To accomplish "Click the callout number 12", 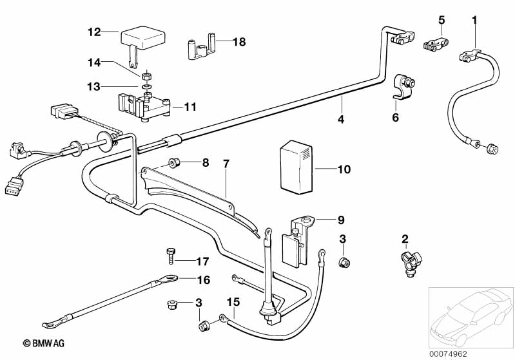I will coord(94,31).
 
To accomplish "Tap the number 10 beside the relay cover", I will coord(344,170).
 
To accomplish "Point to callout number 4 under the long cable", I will coord(342,119).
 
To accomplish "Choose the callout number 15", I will coord(233,301).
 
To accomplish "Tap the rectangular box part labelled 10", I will coord(295,166).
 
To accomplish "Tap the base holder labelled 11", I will coord(144,107).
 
